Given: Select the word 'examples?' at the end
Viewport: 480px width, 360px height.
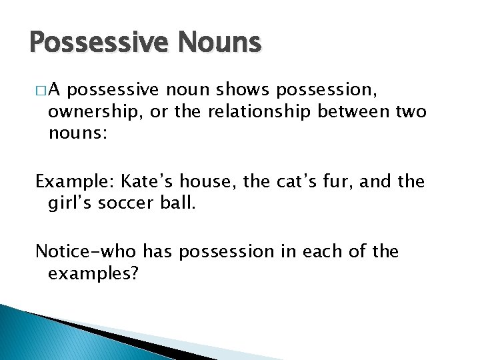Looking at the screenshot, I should point(93,273).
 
